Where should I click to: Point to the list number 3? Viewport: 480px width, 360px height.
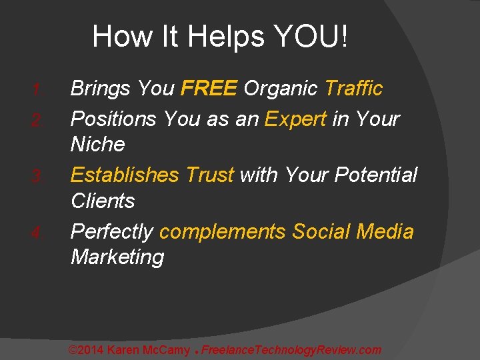click(37, 177)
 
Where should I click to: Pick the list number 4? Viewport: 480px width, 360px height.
click(37, 233)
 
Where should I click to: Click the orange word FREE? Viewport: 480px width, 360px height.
click(209, 88)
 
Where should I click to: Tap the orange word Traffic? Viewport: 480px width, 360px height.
click(353, 88)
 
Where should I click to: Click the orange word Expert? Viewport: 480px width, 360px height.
click(295, 119)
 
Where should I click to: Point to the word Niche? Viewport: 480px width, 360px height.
click(97, 144)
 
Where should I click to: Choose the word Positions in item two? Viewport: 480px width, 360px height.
click(115, 119)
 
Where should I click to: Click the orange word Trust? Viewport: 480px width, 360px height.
click(209, 175)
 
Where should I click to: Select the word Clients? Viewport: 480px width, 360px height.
click(103, 201)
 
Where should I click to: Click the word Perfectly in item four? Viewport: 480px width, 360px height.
click(113, 232)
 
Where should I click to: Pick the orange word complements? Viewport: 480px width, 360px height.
click(223, 232)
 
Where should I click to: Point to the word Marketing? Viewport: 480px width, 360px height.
click(117, 257)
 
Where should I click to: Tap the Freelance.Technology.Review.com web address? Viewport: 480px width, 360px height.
click(291, 350)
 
